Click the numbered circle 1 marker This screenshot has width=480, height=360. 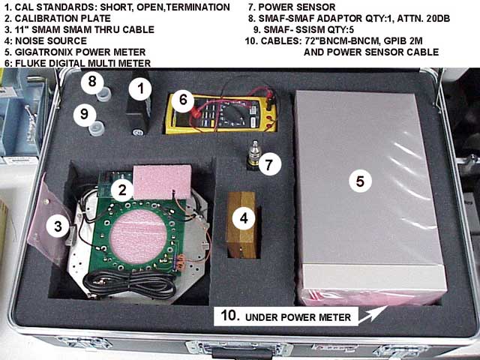click(140, 88)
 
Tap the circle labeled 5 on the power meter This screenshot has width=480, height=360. click(360, 181)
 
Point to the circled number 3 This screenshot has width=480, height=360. click(58, 226)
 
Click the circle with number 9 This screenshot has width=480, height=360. click(85, 114)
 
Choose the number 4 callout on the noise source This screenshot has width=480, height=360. click(244, 218)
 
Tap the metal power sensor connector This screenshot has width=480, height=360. click(253, 154)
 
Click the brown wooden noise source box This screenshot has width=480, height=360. click(241, 225)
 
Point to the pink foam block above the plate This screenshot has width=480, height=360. click(163, 181)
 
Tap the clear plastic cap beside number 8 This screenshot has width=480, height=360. click(103, 94)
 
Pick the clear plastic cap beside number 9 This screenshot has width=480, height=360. click(97, 128)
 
